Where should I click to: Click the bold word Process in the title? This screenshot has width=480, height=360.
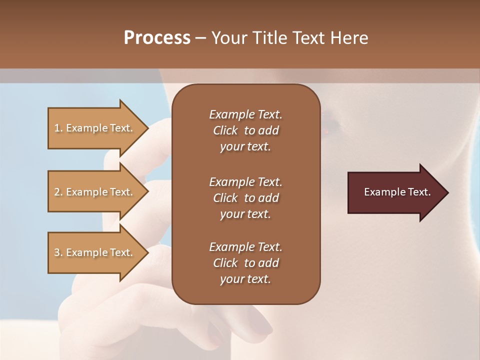[x=157, y=38]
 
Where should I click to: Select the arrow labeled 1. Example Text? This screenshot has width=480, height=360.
[x=95, y=128]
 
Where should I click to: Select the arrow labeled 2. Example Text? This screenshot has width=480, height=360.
[x=95, y=192]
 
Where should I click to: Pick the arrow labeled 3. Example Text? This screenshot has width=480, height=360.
[x=95, y=252]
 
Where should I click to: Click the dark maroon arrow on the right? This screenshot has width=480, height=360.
[x=395, y=192]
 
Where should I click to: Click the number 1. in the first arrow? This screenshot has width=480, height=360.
[x=58, y=128]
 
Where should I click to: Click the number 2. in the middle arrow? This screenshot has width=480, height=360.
[x=58, y=192]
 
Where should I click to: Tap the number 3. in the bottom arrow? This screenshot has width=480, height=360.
[x=58, y=252]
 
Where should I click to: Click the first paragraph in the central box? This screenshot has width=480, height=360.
[x=245, y=130]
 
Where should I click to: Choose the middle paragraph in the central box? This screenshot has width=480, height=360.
[x=245, y=198]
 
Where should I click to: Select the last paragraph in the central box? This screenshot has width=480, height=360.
[x=245, y=263]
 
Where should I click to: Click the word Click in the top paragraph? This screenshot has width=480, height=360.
[x=225, y=130]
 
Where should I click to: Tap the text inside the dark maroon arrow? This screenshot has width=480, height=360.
[x=397, y=192]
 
